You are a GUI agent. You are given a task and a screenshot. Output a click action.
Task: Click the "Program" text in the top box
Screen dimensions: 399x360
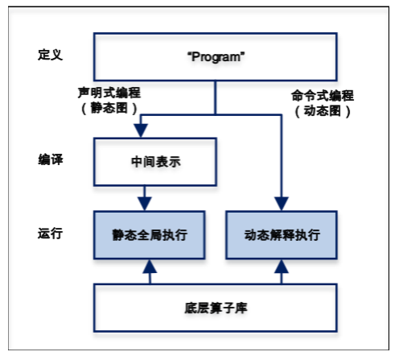tap(216, 57)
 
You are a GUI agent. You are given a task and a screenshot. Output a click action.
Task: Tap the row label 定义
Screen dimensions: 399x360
tap(50, 55)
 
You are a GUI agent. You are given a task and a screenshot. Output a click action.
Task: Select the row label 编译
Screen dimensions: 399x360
tap(51, 159)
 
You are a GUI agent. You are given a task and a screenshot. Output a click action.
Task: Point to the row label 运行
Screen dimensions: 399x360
tap(50, 233)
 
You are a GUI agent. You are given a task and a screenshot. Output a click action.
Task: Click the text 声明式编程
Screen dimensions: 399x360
tap(109, 93)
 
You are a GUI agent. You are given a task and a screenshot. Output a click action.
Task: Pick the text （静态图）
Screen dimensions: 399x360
tap(109, 108)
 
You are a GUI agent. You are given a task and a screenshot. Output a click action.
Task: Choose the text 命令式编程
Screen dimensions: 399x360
tap(323, 96)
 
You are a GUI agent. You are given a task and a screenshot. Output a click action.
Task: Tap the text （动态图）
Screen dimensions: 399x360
tap(323, 111)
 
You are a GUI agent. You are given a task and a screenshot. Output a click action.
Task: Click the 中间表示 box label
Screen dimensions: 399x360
tap(156, 162)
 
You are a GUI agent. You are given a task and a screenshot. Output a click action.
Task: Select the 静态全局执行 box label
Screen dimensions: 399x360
tap(150, 235)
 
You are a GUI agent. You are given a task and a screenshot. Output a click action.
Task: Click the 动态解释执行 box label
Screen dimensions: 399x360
tap(282, 235)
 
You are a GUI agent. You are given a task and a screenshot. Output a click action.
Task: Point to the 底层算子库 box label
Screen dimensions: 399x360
tap(216, 308)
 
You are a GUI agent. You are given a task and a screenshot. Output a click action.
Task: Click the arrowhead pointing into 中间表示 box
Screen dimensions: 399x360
tap(141, 130)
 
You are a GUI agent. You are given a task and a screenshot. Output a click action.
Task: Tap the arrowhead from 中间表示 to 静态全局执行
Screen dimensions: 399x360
tap(145, 204)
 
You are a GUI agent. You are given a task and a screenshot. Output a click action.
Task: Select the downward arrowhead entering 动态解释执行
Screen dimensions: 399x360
tap(282, 204)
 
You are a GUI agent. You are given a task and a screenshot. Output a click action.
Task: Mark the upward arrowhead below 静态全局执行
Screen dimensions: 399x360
tap(150, 267)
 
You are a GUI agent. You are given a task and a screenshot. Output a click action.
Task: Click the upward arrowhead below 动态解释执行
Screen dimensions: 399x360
tap(282, 267)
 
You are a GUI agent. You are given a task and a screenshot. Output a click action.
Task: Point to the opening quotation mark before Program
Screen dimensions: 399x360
tap(189, 53)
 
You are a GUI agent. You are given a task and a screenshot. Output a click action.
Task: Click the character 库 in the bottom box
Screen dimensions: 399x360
tap(241, 308)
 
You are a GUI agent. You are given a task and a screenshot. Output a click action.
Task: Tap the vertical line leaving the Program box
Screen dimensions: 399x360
tap(216, 97)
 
